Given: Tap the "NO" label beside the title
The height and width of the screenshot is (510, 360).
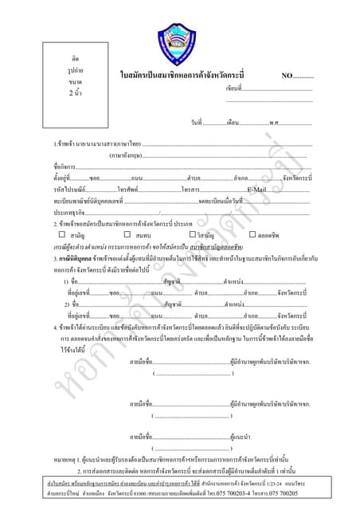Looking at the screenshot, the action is (287, 75).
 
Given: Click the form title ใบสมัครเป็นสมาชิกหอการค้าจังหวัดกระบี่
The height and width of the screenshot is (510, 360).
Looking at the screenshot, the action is (193, 75).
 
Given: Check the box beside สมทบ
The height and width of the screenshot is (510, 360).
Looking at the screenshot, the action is (127, 235).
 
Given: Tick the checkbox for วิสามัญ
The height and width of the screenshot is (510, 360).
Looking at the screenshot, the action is (192, 235).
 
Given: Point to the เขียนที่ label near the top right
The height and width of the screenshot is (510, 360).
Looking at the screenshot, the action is (233, 88).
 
